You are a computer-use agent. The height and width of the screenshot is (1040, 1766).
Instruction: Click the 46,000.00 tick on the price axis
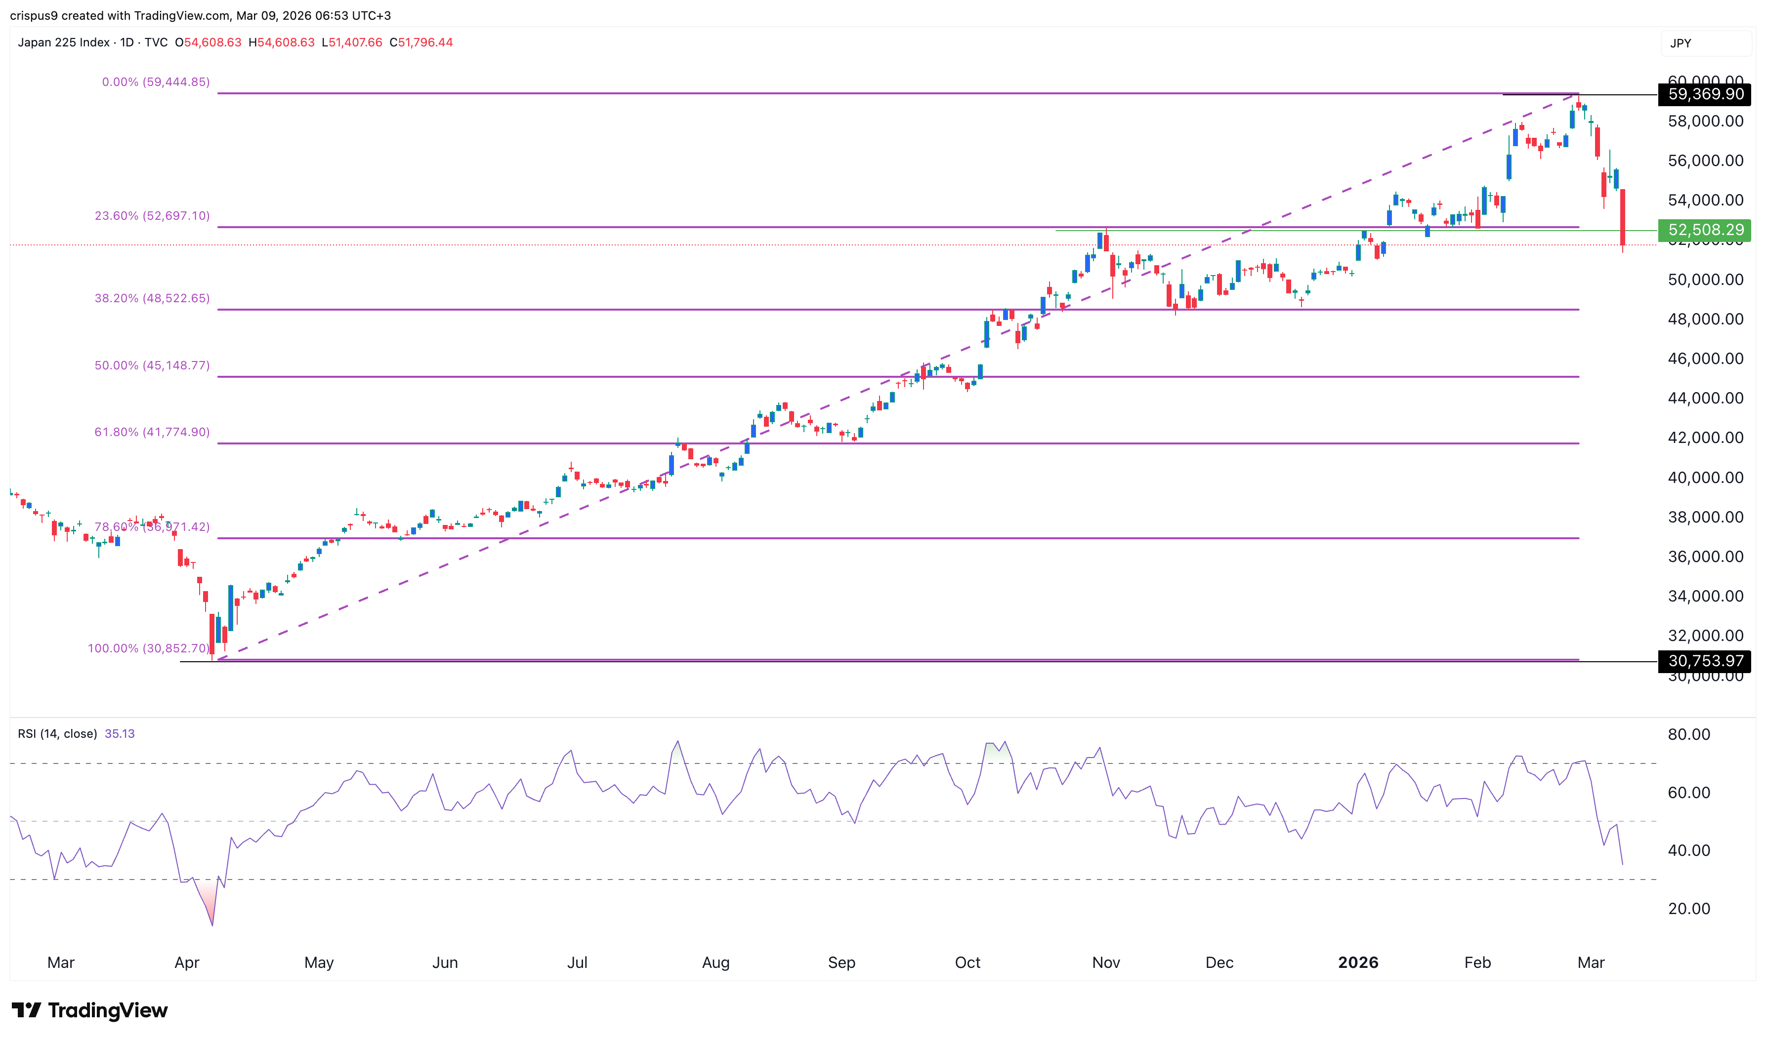pos(1705,359)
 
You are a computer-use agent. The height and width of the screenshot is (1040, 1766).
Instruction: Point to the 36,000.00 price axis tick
pos(1705,557)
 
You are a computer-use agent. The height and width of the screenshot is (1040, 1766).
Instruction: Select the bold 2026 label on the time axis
pos(1357,963)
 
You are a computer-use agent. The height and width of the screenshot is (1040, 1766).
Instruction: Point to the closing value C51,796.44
pos(421,43)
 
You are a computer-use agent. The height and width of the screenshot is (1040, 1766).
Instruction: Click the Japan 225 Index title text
pos(64,43)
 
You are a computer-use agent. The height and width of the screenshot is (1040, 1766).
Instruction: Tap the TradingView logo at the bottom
pos(90,1010)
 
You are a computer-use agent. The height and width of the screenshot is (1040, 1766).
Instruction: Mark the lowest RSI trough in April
pos(211,925)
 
